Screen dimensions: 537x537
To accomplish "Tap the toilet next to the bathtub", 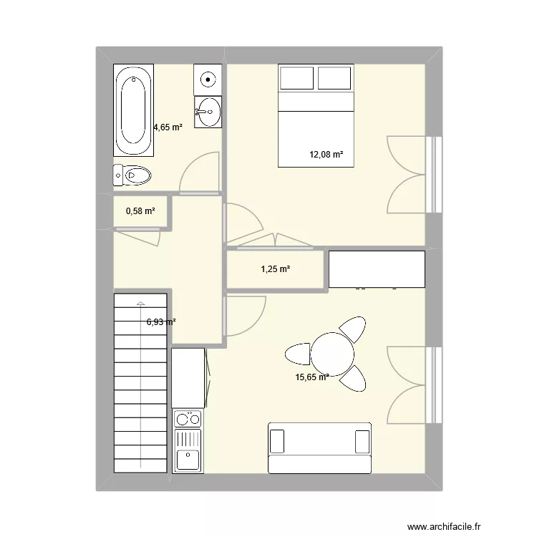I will click(132, 174).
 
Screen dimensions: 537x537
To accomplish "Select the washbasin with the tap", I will click(208, 112).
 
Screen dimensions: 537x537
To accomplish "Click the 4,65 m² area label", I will click(168, 127).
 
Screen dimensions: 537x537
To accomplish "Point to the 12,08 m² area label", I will click(326, 155).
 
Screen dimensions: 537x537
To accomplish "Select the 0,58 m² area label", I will click(140, 211).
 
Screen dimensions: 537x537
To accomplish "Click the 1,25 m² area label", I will click(275, 269).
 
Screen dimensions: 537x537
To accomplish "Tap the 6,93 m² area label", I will click(161, 322).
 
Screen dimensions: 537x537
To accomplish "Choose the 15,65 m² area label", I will click(312, 377).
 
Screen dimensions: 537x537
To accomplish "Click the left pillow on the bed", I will click(297, 78).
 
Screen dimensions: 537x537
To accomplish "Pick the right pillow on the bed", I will click(335, 78).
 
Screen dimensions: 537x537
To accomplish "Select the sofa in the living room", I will click(319, 447).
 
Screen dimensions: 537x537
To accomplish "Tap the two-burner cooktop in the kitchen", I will click(188, 419).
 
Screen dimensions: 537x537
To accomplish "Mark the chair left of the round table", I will click(297, 354).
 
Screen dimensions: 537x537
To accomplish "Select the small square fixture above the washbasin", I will click(208, 78).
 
